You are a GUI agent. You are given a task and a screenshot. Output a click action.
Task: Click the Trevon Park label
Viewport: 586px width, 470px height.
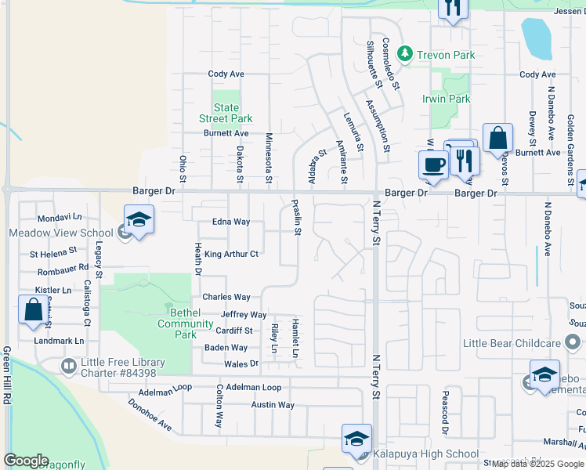(x=445, y=55)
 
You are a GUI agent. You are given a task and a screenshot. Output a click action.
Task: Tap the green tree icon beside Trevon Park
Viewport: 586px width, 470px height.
(x=404, y=54)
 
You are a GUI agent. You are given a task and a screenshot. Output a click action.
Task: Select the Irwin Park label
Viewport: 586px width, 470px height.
(x=446, y=99)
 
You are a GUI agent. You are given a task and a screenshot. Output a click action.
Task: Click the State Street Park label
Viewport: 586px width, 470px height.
(x=226, y=113)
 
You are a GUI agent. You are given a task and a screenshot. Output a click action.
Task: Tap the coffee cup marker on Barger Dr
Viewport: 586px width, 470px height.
(x=432, y=164)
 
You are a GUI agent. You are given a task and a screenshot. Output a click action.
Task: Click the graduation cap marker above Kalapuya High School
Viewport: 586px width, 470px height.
(x=356, y=439)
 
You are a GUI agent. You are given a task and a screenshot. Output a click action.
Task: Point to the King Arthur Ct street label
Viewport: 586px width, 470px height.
(x=231, y=254)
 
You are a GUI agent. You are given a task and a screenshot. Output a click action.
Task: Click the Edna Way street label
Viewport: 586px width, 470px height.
(x=231, y=222)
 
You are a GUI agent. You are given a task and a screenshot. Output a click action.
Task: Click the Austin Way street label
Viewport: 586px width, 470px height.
(x=273, y=405)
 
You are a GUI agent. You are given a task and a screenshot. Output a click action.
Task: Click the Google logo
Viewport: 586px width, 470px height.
(x=26, y=461)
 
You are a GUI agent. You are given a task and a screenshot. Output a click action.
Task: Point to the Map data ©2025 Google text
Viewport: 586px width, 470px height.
(x=537, y=464)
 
